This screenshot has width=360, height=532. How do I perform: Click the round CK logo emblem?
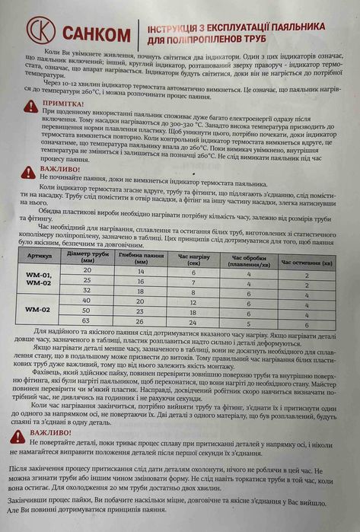[40, 32]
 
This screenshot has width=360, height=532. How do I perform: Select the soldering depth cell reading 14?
[140, 272]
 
